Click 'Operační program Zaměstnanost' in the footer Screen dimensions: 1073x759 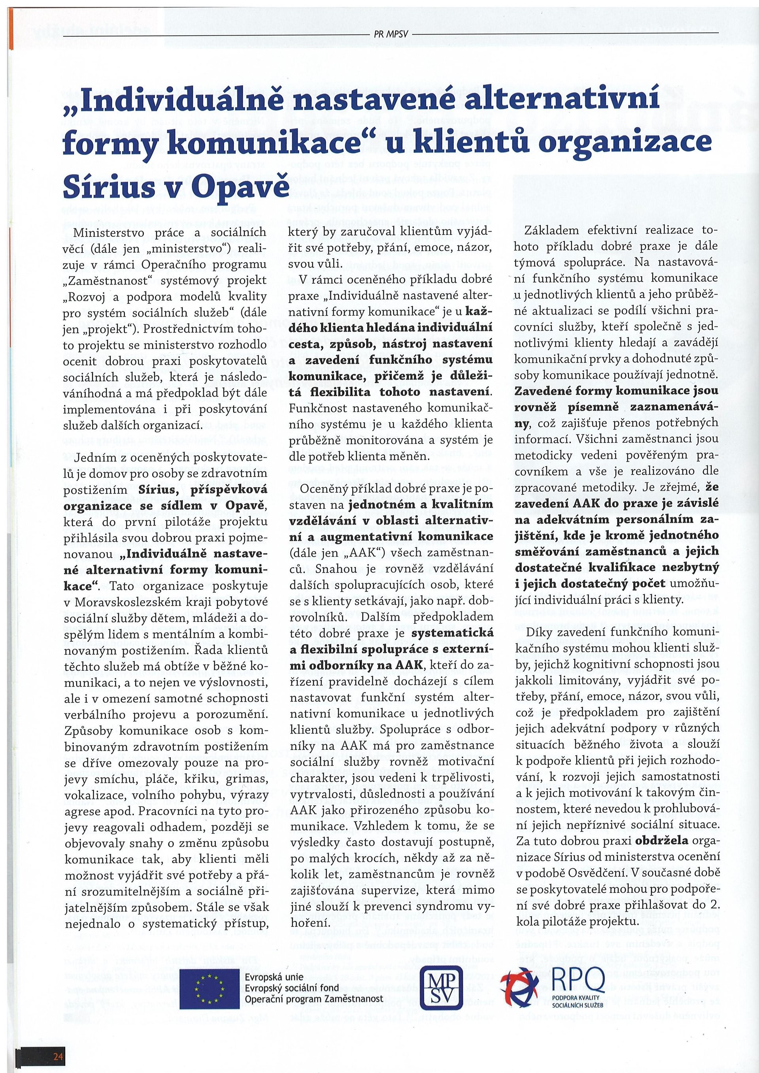coord(314,998)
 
